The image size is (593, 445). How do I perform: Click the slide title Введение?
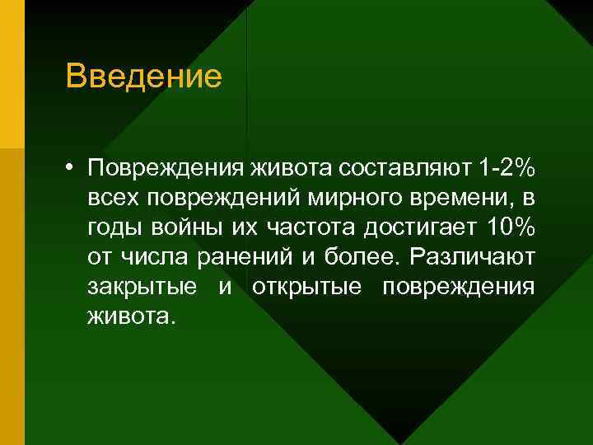(x=144, y=77)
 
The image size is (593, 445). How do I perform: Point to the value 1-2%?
(x=506, y=170)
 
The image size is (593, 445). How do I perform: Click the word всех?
(x=114, y=199)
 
